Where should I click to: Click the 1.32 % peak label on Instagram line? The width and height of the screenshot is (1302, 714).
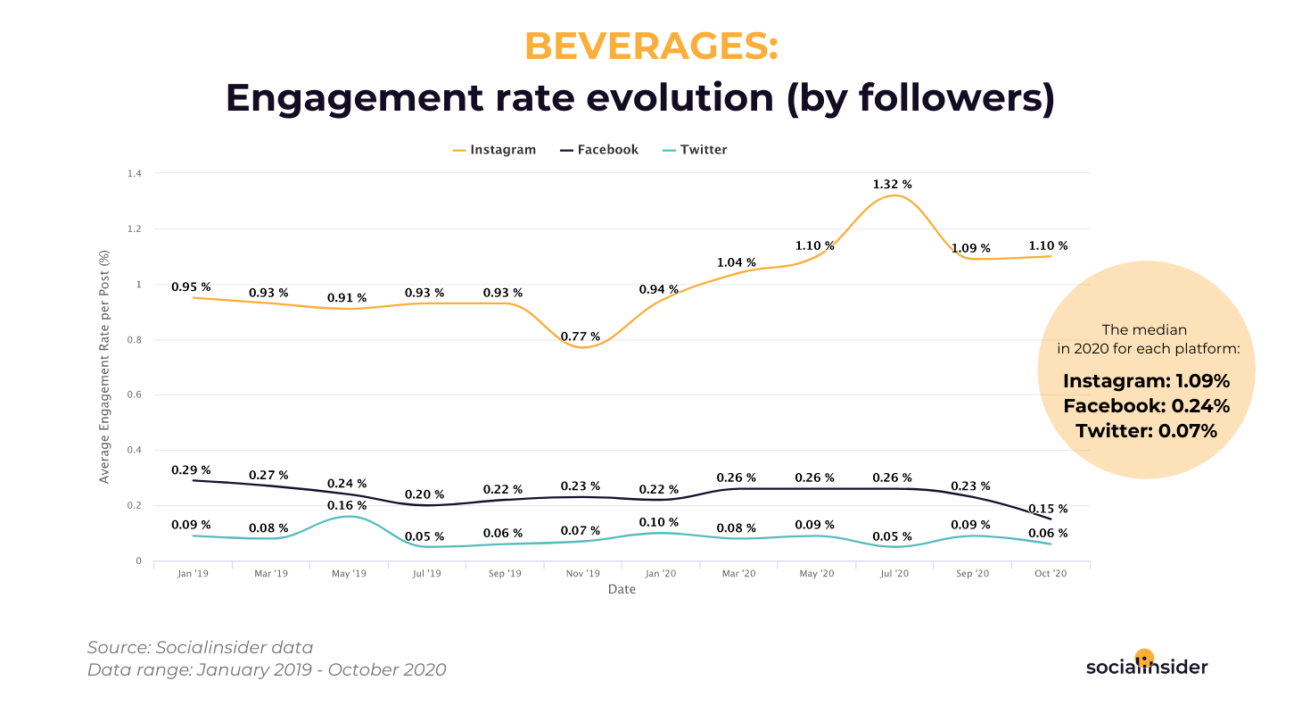(894, 184)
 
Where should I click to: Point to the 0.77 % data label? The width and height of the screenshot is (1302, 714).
(581, 336)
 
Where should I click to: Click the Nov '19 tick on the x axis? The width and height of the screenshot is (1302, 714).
(582, 574)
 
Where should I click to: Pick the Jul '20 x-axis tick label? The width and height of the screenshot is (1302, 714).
(894, 574)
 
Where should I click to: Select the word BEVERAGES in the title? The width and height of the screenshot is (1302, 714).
(651, 46)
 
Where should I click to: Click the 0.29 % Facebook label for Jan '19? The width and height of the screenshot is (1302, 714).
(192, 469)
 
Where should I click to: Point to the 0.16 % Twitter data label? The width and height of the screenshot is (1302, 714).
(347, 504)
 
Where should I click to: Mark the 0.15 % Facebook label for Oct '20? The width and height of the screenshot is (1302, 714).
(1048, 509)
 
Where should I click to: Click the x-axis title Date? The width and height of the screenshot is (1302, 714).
(622, 590)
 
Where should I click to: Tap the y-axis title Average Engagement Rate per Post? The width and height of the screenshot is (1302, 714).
(104, 367)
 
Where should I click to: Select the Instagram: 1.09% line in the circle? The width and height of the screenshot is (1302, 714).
(1147, 381)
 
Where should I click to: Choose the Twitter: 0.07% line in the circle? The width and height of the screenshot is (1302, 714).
(1147, 431)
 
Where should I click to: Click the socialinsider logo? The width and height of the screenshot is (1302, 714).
(1147, 665)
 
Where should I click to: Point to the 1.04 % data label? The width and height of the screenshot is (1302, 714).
(737, 262)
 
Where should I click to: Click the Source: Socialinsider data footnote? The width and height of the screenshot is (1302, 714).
(201, 648)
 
